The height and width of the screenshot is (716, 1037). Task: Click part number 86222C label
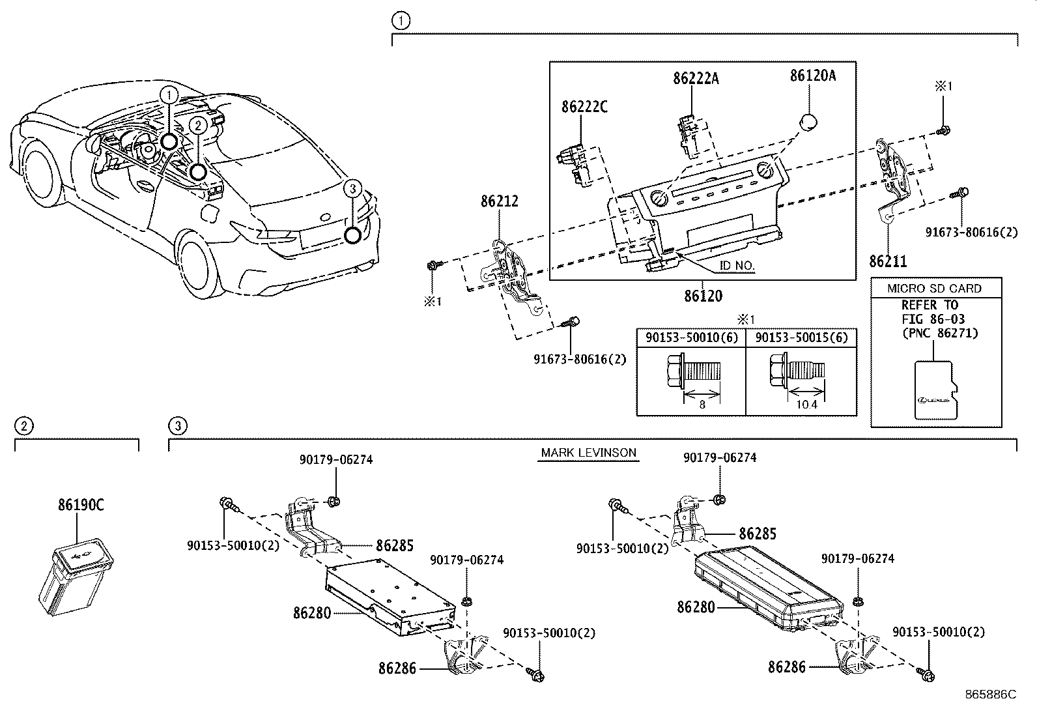pyautogui.click(x=584, y=107)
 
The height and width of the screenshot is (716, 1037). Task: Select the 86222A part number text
pyautogui.click(x=696, y=79)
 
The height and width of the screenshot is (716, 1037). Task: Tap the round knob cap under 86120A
pyautogui.click(x=808, y=122)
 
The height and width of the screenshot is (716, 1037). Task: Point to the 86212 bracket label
pyautogui.click(x=500, y=201)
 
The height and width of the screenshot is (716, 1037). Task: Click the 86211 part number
pyautogui.click(x=887, y=262)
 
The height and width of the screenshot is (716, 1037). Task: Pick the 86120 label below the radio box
pyautogui.click(x=703, y=296)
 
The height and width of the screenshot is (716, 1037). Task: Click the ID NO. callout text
pyautogui.click(x=737, y=266)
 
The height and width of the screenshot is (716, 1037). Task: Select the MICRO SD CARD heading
pyautogui.click(x=935, y=289)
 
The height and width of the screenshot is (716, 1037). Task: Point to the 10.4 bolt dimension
pyautogui.click(x=806, y=405)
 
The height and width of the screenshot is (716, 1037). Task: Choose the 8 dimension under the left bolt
pyautogui.click(x=702, y=405)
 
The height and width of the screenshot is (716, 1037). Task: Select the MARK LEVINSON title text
pyautogui.click(x=588, y=453)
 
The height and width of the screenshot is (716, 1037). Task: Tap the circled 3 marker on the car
pyautogui.click(x=352, y=235)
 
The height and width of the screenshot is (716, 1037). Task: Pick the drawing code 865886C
pyautogui.click(x=991, y=695)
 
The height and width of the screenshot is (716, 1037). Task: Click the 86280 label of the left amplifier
pyautogui.click(x=312, y=613)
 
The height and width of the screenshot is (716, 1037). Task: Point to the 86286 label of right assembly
pyautogui.click(x=787, y=667)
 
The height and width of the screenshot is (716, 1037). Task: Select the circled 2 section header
pyautogui.click(x=23, y=427)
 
